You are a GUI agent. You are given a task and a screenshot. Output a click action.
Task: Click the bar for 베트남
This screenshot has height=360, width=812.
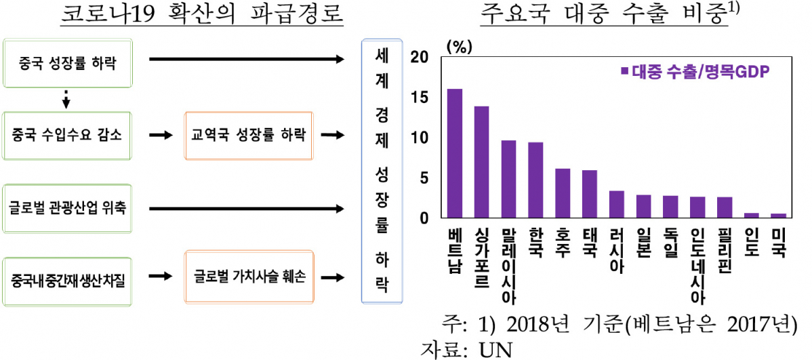[x=455, y=153]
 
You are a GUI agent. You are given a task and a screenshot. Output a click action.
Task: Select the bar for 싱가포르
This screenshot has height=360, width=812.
[x=482, y=162]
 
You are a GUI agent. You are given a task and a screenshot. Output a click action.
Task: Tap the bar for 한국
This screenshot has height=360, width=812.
[x=535, y=180]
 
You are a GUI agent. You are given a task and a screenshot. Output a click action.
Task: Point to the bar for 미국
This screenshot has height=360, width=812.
[x=779, y=216]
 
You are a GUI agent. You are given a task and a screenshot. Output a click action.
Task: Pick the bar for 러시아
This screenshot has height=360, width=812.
[x=616, y=204]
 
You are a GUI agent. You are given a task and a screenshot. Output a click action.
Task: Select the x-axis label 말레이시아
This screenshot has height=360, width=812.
[x=508, y=265]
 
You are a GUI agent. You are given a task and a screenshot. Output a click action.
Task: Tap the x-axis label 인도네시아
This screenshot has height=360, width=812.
[x=697, y=265]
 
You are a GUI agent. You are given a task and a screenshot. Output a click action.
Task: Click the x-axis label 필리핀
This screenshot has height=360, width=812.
[x=725, y=250]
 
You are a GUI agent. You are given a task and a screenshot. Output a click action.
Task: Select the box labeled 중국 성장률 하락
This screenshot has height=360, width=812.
[x=66, y=65]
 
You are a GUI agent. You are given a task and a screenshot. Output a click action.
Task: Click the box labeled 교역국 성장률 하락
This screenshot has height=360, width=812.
[x=248, y=136]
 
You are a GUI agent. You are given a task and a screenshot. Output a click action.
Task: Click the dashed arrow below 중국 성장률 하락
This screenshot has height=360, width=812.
[x=66, y=99]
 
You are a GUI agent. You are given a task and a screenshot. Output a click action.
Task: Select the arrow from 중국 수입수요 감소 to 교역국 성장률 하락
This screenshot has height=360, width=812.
[x=160, y=136]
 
